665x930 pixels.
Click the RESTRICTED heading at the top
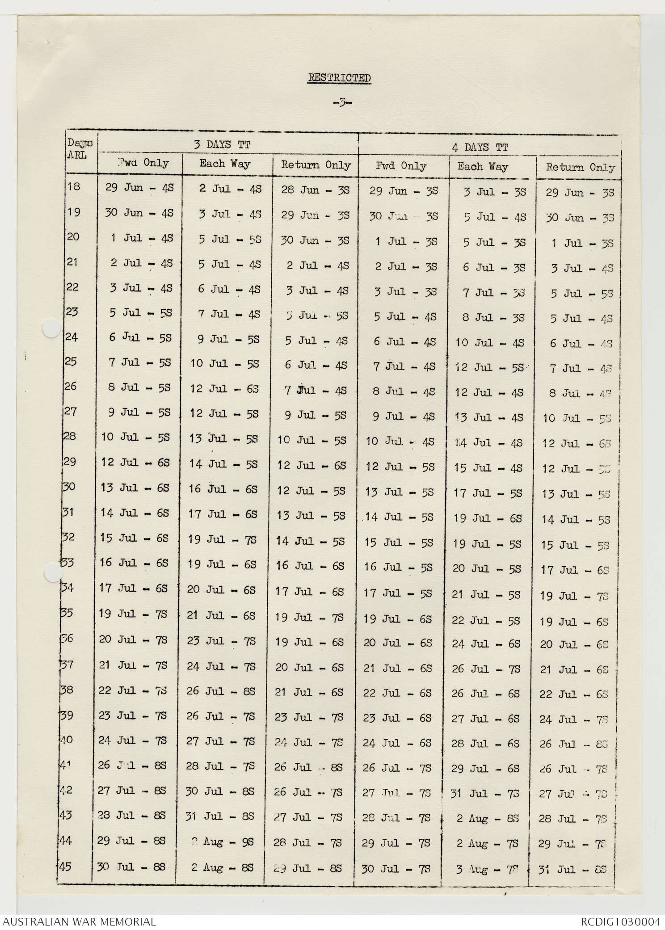pyautogui.click(x=339, y=78)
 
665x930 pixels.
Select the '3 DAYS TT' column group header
pyautogui.click(x=222, y=144)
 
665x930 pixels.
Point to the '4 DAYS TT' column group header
pyautogui.click(x=480, y=147)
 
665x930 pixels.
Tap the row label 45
pyautogui.click(x=65, y=867)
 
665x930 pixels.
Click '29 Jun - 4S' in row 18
pyautogui.click(x=139, y=188)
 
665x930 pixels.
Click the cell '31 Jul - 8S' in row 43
pyautogui.click(x=220, y=816)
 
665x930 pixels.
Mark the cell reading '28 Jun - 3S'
pyautogui.click(x=315, y=190)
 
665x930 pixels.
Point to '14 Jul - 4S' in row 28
pyautogui.click(x=488, y=443)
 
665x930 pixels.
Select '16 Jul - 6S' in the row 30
pyautogui.click(x=223, y=489)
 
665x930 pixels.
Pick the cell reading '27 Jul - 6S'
pyautogui.click(x=486, y=719)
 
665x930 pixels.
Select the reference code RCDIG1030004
pyautogui.click(x=620, y=922)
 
